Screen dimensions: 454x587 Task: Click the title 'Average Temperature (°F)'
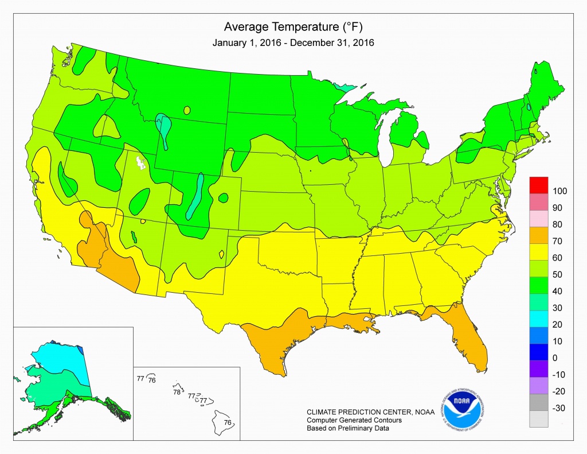click(293, 27)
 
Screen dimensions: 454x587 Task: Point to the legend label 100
click(559, 191)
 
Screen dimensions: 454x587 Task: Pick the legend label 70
click(557, 240)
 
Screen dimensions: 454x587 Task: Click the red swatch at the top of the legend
click(539, 186)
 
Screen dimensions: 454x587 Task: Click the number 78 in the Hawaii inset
click(177, 393)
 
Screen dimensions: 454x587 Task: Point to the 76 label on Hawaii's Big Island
click(228, 423)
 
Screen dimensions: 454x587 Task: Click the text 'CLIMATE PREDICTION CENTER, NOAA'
click(370, 412)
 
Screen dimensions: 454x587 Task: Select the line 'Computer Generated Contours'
click(354, 420)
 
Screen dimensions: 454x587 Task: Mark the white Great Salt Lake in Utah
click(139, 164)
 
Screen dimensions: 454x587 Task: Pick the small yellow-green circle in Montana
click(187, 110)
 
